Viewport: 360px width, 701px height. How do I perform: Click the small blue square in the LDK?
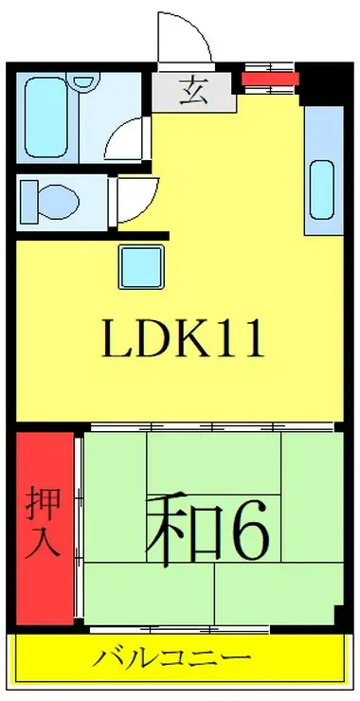tap(141, 267)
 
